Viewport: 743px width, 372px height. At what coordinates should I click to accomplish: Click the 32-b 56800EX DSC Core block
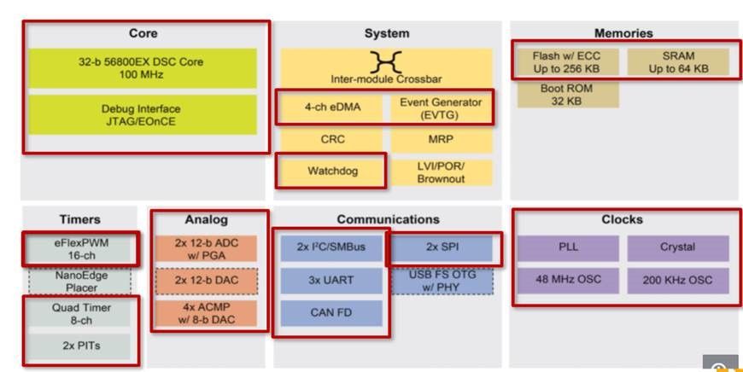tap(143, 68)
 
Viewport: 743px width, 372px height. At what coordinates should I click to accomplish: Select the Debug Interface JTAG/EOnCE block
tap(143, 114)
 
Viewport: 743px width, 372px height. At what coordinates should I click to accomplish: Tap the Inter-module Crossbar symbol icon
tap(386, 61)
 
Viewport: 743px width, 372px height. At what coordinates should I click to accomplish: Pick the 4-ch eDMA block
tap(332, 108)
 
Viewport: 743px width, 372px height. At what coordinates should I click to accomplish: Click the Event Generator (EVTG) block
tap(442, 108)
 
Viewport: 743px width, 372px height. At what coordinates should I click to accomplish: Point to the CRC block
tap(332, 140)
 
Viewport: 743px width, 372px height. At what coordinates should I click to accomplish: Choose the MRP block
tap(442, 140)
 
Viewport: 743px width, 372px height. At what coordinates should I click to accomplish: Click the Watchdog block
tap(332, 171)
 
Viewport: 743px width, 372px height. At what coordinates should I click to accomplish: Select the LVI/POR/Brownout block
tap(442, 172)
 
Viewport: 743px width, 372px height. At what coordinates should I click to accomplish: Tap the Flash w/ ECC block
tap(567, 62)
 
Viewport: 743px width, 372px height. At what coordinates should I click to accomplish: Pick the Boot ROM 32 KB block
tap(567, 94)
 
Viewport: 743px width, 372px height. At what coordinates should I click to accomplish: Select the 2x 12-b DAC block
tap(206, 281)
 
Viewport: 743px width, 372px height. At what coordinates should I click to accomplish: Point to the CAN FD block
tap(331, 313)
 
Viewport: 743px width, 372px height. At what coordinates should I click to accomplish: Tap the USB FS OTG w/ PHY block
tap(442, 281)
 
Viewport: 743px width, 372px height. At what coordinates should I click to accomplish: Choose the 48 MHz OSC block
tap(568, 280)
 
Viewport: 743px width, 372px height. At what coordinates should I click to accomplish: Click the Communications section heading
tap(388, 219)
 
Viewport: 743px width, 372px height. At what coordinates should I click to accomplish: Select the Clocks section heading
tap(622, 219)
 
